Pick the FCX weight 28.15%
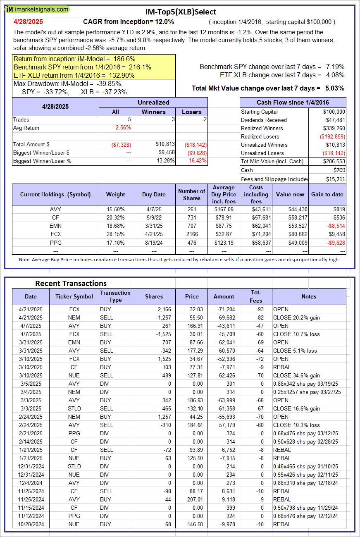pos(115,234)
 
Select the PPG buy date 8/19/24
pos(154,243)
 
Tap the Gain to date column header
pos(327,194)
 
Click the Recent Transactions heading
pos(71,283)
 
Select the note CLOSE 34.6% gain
pos(296,375)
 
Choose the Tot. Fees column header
pos(256,296)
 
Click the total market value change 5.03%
pos(336,88)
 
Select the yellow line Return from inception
pos(74,59)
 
